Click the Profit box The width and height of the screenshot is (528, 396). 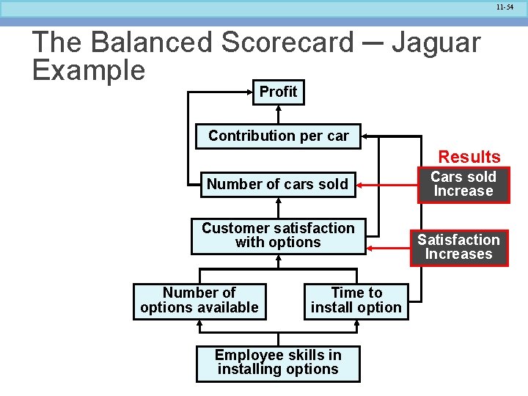point(279,92)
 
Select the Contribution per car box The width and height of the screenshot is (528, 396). point(279,136)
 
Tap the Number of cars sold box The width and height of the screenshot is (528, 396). point(277,184)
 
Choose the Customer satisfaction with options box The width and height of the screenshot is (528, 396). point(278,235)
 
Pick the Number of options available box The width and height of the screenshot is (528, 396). point(199,300)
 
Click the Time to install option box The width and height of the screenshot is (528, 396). point(356,300)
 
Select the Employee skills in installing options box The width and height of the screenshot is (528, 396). point(278,362)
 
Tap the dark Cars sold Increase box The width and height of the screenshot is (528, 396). point(463,184)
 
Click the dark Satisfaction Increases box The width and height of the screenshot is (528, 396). point(458,247)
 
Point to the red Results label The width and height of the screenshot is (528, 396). point(469,156)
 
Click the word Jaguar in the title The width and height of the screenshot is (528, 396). point(436,43)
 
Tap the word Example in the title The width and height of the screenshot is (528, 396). point(89,70)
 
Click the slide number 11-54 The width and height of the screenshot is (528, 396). point(505,7)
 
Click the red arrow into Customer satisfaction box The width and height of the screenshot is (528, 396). point(389,249)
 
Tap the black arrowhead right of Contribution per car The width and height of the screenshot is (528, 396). point(365,136)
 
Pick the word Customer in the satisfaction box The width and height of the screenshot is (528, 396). point(234,228)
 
